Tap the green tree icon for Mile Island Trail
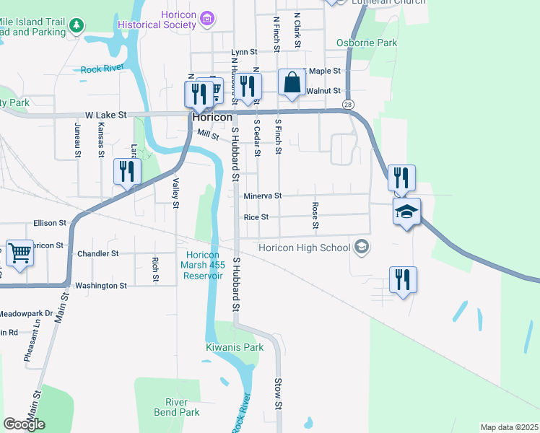(77, 27)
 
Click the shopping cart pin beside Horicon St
(20, 254)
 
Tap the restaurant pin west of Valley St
(126, 172)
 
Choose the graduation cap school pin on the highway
(406, 212)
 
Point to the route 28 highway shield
(348, 105)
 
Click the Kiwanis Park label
(235, 347)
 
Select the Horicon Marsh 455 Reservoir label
(208, 266)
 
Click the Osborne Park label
(367, 43)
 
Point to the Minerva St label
(262, 196)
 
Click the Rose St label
(315, 216)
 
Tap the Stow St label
(277, 393)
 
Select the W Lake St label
(105, 115)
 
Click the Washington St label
(101, 285)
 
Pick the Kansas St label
(100, 139)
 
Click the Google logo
(25, 424)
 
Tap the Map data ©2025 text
(508, 427)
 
